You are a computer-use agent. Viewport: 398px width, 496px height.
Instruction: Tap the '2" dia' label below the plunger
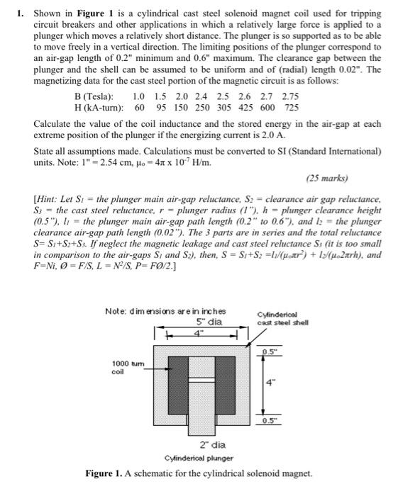pyautogui.click(x=206, y=445)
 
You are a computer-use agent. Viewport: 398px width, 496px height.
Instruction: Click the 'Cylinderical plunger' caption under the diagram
pyautogui.click(x=200, y=458)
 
